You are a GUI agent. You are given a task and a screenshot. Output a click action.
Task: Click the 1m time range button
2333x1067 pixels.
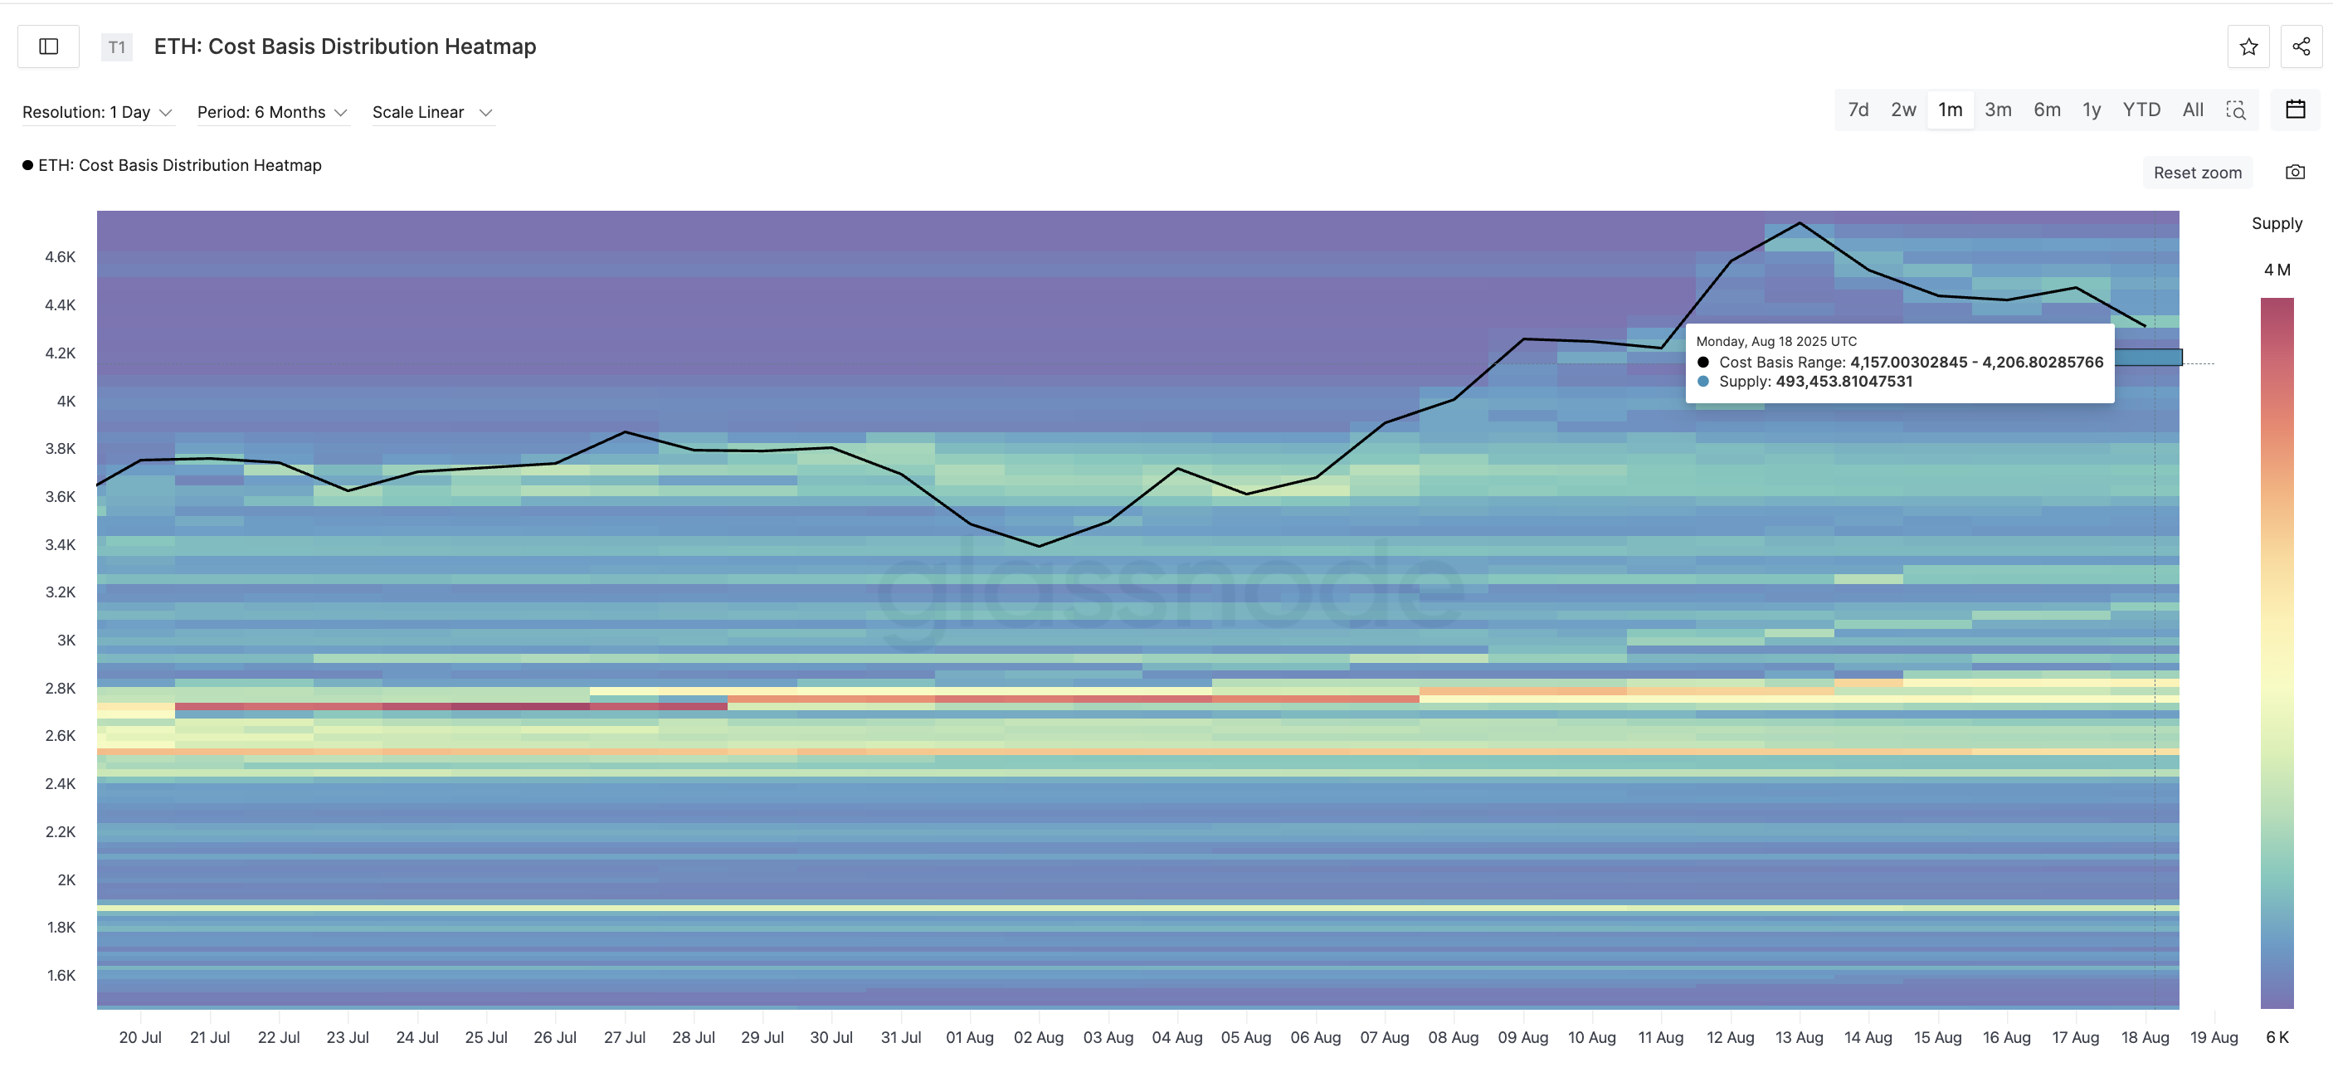1950,110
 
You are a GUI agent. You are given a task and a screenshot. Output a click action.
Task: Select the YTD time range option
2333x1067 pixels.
2141,110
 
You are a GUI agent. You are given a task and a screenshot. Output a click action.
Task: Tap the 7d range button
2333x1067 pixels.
1858,110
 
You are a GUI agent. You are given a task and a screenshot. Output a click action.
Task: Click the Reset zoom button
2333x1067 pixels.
2197,172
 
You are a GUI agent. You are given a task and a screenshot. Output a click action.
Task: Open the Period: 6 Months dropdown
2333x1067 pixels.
271,112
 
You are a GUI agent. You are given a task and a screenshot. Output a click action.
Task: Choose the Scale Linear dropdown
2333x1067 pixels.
432,112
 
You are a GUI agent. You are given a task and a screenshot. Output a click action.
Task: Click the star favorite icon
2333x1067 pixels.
2248,47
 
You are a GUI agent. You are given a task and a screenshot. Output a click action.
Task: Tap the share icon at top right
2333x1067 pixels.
2301,47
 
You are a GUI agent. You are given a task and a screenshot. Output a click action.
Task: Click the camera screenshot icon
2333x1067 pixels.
2294,172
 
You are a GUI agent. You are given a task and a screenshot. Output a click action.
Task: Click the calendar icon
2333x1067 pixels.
2295,110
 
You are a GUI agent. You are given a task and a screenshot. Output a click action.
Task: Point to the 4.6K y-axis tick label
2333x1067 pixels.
61,257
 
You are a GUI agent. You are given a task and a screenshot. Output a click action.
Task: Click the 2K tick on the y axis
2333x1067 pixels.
66,879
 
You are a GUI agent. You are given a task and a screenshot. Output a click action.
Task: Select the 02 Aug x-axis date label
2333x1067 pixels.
1038,1037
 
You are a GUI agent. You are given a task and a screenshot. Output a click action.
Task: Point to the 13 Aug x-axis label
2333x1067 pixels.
1799,1037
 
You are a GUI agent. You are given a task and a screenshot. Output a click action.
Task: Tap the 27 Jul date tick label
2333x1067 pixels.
624,1037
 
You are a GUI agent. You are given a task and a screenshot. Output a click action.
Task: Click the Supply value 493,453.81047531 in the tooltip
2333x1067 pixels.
1844,382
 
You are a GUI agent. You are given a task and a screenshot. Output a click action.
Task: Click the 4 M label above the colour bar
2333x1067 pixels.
2277,270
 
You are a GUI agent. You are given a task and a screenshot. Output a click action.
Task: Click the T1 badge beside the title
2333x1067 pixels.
117,47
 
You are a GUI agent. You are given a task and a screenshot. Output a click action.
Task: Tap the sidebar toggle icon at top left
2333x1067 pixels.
49,46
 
